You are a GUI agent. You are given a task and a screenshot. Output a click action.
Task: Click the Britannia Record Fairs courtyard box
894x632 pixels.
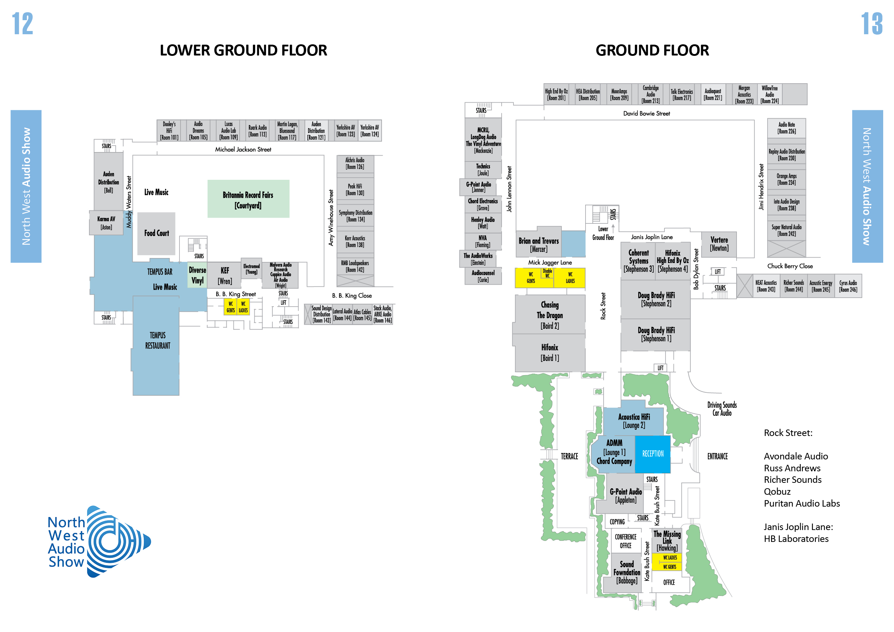click(x=248, y=199)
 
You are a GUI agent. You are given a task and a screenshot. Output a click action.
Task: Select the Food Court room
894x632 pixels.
click(x=156, y=233)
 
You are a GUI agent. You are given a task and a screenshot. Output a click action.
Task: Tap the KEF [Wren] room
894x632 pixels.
click(x=224, y=275)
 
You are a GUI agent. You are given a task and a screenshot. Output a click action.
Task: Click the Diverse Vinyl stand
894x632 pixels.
click(x=197, y=275)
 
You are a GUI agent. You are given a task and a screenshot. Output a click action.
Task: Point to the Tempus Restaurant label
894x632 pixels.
click(x=157, y=341)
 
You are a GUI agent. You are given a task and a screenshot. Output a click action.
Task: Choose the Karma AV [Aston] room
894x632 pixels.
click(x=106, y=223)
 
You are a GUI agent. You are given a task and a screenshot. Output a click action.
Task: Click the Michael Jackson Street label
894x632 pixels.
click(x=243, y=149)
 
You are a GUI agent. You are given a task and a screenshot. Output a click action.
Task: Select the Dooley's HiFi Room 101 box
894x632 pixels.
click(x=169, y=131)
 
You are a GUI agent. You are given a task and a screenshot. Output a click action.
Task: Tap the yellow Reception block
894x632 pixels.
click(x=653, y=454)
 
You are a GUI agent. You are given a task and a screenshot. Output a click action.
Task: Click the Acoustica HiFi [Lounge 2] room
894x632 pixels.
click(x=634, y=421)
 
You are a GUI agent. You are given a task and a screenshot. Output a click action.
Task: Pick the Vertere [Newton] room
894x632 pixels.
click(x=719, y=244)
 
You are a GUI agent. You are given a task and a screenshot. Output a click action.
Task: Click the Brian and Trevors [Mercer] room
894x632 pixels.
click(x=538, y=245)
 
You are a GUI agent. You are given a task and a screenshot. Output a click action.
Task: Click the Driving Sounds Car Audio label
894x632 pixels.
click(x=722, y=409)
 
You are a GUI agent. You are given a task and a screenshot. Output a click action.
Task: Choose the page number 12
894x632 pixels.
click(x=23, y=23)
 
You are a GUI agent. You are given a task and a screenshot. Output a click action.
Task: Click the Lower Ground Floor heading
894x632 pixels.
click(x=243, y=50)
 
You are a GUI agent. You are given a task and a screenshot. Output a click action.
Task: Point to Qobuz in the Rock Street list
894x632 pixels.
click(x=777, y=491)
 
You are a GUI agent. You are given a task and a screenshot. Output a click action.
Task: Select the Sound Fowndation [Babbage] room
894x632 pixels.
click(x=627, y=573)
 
